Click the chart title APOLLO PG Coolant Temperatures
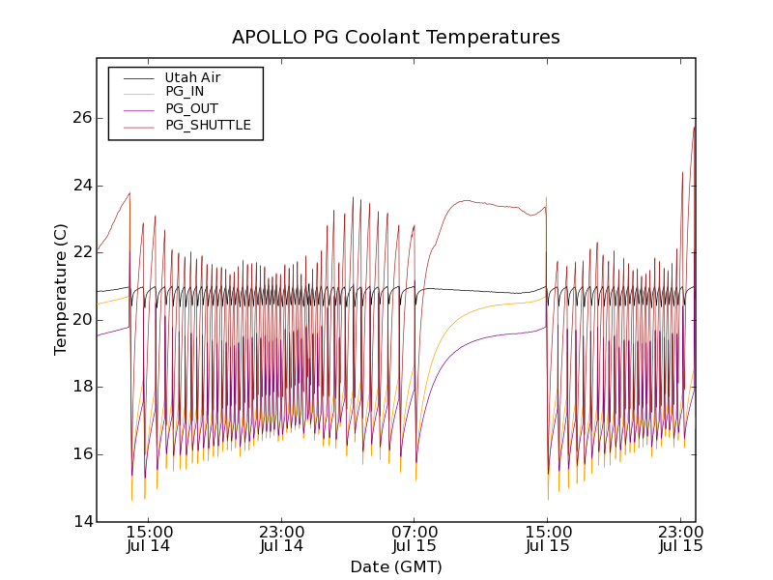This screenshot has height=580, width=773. click(395, 38)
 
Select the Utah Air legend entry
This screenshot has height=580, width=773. click(192, 77)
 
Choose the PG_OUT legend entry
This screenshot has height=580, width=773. click(191, 108)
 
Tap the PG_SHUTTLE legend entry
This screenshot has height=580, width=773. click(208, 125)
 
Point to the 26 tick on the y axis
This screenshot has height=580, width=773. click(80, 118)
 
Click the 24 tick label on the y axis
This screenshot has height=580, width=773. click(80, 186)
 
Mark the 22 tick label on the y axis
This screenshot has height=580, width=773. click(80, 252)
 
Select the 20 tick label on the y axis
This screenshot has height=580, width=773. click(80, 320)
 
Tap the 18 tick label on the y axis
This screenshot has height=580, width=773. click(80, 387)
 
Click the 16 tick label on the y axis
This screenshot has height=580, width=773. click(80, 454)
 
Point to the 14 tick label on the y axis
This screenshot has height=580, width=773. click(80, 522)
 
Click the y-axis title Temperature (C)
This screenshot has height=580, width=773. click(61, 289)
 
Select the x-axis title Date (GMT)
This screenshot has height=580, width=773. click(395, 567)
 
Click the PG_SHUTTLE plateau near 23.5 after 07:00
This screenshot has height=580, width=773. click(470, 201)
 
